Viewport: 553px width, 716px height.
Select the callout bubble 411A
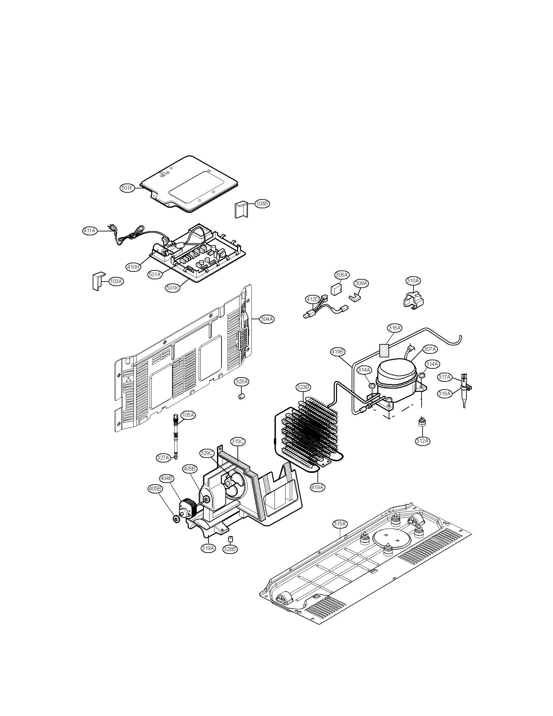(x=89, y=231)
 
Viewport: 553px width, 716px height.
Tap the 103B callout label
(x=262, y=204)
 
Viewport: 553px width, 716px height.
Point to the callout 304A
(x=267, y=319)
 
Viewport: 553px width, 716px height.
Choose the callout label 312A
(x=422, y=441)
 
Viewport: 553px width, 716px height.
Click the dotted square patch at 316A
(x=385, y=350)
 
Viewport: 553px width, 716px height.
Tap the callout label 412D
(x=312, y=299)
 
